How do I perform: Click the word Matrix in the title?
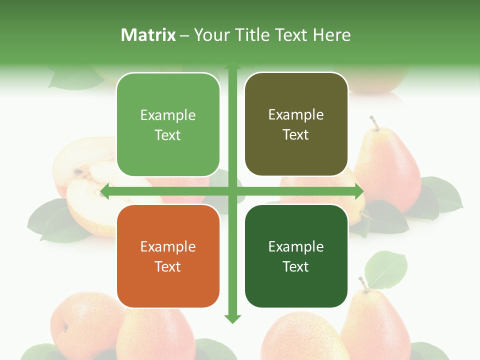148,35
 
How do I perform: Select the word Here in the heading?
331,35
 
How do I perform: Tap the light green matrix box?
168,124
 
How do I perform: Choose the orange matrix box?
168,256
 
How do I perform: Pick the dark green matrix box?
296,256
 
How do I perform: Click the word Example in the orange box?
168,246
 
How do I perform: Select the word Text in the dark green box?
296,266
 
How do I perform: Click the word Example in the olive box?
296,114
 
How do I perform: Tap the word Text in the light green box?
168,135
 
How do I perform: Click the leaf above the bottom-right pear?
385,269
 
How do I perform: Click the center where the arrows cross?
232,191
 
